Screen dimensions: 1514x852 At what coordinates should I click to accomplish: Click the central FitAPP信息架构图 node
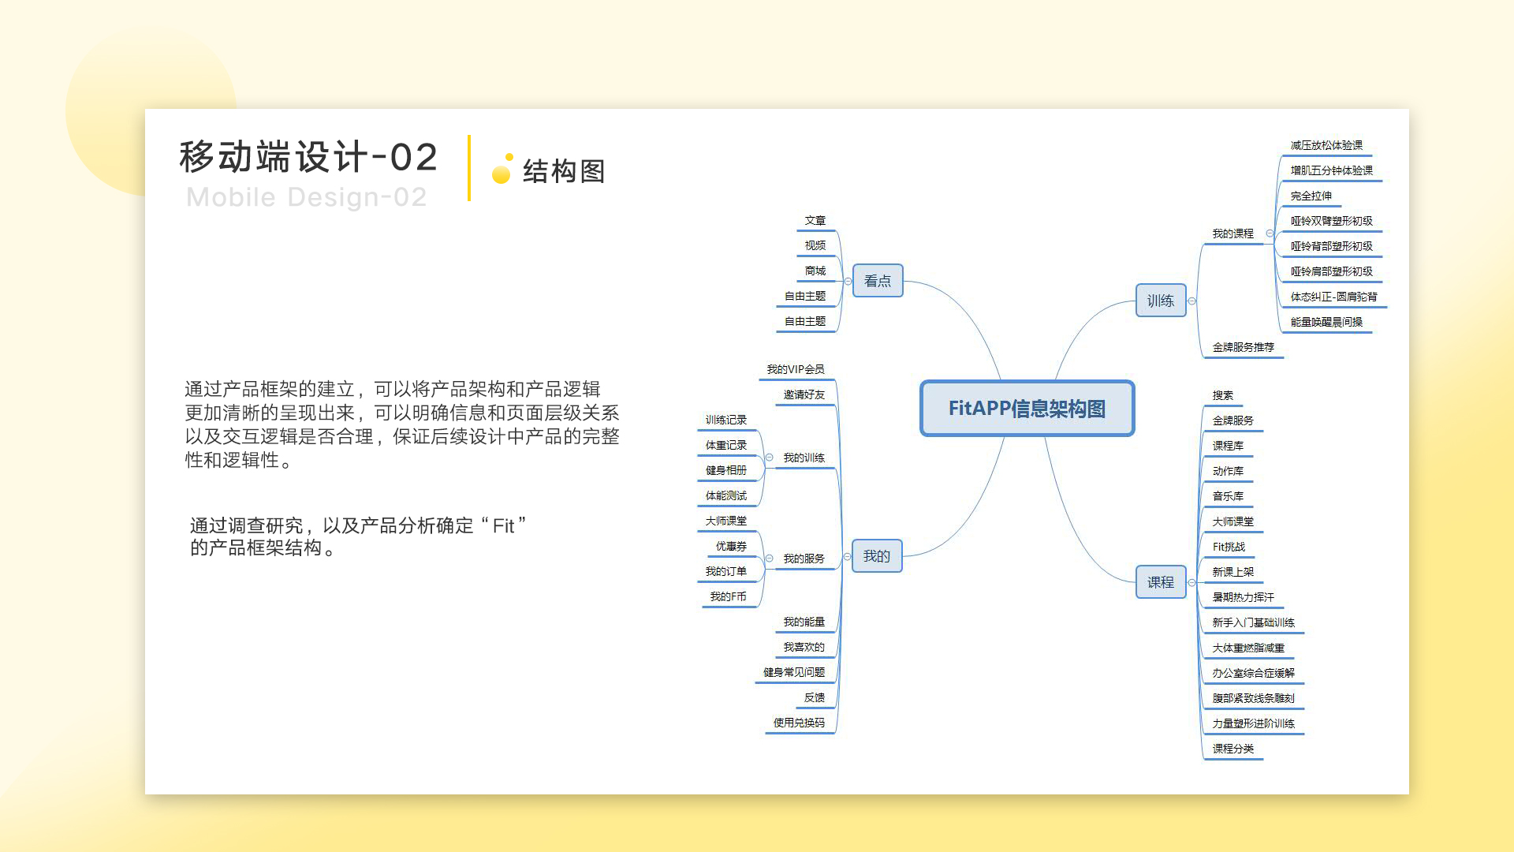pyautogui.click(x=1027, y=409)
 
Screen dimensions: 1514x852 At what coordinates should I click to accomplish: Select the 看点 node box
pyautogui.click(x=878, y=281)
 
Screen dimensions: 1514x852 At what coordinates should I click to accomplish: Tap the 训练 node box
pyautogui.click(x=1161, y=301)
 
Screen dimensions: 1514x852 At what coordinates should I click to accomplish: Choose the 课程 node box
pyautogui.click(x=1161, y=582)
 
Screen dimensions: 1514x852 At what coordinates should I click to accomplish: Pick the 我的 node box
pyautogui.click(x=877, y=556)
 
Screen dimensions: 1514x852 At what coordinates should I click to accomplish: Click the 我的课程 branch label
pyautogui.click(x=1233, y=234)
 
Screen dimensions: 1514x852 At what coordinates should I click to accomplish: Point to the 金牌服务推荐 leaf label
pyautogui.click(x=1244, y=348)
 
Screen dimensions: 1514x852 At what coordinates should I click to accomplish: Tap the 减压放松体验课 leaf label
pyautogui.click(x=1326, y=146)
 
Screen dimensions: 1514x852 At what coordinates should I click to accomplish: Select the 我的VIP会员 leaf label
pyautogui.click(x=796, y=370)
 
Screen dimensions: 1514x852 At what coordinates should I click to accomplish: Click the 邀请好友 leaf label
pyautogui.click(x=804, y=395)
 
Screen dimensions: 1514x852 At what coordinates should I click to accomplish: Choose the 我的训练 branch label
pyautogui.click(x=804, y=458)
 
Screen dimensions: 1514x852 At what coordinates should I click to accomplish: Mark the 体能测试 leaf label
pyautogui.click(x=726, y=496)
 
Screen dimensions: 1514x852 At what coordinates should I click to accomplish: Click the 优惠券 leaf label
pyautogui.click(x=731, y=547)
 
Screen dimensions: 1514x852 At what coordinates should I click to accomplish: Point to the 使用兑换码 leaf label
pyautogui.click(x=799, y=723)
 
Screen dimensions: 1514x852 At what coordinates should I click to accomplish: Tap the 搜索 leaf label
pyautogui.click(x=1223, y=396)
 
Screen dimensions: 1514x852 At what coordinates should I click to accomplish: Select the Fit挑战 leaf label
pyautogui.click(x=1229, y=547)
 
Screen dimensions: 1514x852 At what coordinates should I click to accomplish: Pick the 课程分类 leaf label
pyautogui.click(x=1233, y=749)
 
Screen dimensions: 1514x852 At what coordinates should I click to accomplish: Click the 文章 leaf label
pyautogui.click(x=815, y=221)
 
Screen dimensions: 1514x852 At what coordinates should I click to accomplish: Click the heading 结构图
pyautogui.click(x=564, y=171)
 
